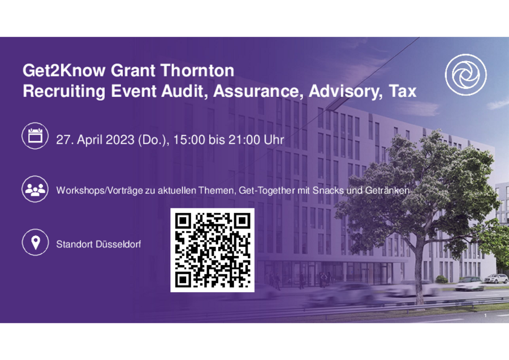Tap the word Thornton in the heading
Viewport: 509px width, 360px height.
(197, 71)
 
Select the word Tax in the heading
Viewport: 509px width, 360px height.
(403, 91)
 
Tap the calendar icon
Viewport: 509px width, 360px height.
(35, 136)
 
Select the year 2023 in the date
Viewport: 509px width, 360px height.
(120, 140)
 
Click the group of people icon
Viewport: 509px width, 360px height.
(35, 189)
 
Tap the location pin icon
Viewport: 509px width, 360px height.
(35, 242)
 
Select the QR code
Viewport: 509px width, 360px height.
(212, 250)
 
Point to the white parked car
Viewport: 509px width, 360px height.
(495, 278)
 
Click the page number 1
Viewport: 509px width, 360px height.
(485, 315)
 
